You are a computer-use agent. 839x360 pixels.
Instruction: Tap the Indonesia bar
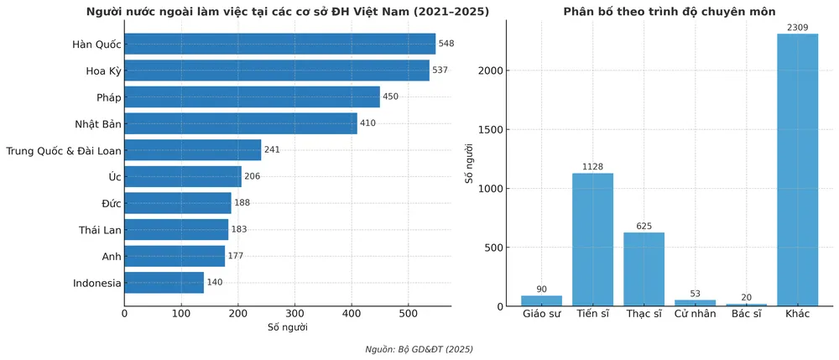(164, 283)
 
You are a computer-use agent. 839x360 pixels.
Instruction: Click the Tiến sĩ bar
(592, 239)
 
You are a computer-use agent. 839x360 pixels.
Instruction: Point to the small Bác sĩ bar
(746, 304)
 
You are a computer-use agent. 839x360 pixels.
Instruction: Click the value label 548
(446, 44)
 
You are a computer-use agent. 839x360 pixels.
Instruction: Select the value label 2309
(797, 28)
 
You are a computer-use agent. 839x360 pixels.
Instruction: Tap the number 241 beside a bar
(272, 150)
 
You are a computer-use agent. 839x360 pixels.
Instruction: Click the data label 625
(644, 227)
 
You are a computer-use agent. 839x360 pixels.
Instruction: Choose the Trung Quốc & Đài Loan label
(64, 151)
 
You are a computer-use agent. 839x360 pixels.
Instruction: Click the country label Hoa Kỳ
(103, 71)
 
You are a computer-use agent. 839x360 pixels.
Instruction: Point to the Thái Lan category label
(100, 230)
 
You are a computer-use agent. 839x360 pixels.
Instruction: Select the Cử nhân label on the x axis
(695, 316)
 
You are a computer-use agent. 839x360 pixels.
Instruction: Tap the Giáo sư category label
(541, 316)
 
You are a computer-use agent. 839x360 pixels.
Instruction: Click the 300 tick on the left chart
(294, 314)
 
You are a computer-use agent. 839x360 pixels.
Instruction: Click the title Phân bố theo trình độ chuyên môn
(669, 11)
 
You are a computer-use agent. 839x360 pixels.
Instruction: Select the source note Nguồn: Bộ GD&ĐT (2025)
(419, 349)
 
